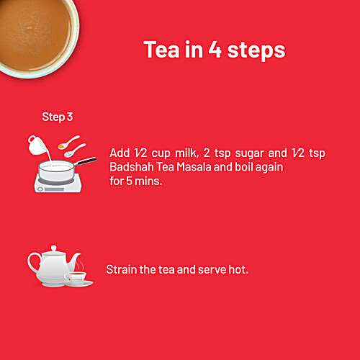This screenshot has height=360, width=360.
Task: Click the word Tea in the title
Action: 161,49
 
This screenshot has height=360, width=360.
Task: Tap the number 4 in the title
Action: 215,49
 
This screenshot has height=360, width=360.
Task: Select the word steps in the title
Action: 256,51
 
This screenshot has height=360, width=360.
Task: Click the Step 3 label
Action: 58,117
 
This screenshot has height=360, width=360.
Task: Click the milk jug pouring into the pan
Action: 37,145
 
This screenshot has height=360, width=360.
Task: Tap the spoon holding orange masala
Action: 68,142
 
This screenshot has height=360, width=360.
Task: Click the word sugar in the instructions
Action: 249,154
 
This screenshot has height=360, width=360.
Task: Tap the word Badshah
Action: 132,167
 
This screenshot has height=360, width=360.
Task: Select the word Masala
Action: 194,167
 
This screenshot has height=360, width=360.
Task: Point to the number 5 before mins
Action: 129,181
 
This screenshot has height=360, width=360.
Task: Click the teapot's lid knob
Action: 54,248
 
